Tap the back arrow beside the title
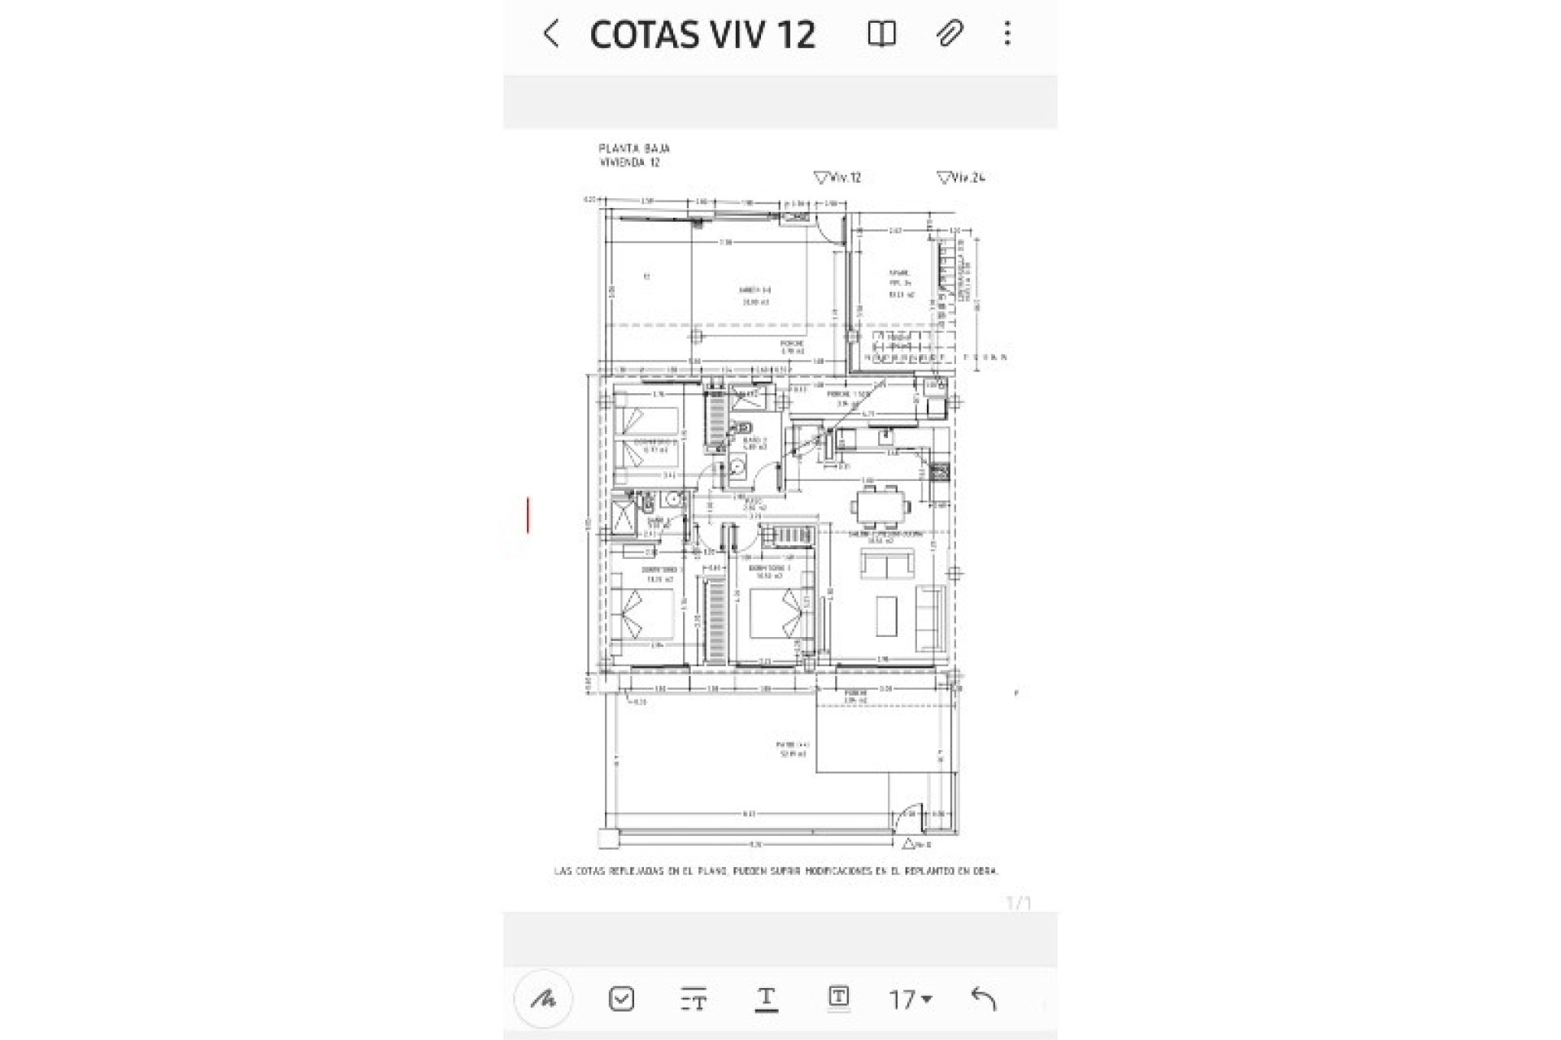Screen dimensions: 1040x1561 tap(551, 34)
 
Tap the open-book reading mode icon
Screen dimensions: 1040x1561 tap(881, 34)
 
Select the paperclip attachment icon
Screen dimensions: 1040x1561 tap(949, 34)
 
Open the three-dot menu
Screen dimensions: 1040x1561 tap(1007, 34)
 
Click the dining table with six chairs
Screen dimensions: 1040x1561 tap(881, 506)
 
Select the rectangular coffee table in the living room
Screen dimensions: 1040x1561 tap(886, 616)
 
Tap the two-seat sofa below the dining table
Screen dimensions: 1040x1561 tap(886, 564)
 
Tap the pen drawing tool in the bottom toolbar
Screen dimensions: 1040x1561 tap(543, 999)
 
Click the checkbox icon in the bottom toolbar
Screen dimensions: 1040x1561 tap(621, 999)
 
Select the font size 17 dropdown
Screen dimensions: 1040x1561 tap(910, 999)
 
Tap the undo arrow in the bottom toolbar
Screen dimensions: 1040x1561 tap(984, 999)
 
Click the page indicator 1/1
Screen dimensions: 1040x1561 tap(1018, 903)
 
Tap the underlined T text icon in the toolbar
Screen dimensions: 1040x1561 tap(766, 999)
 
